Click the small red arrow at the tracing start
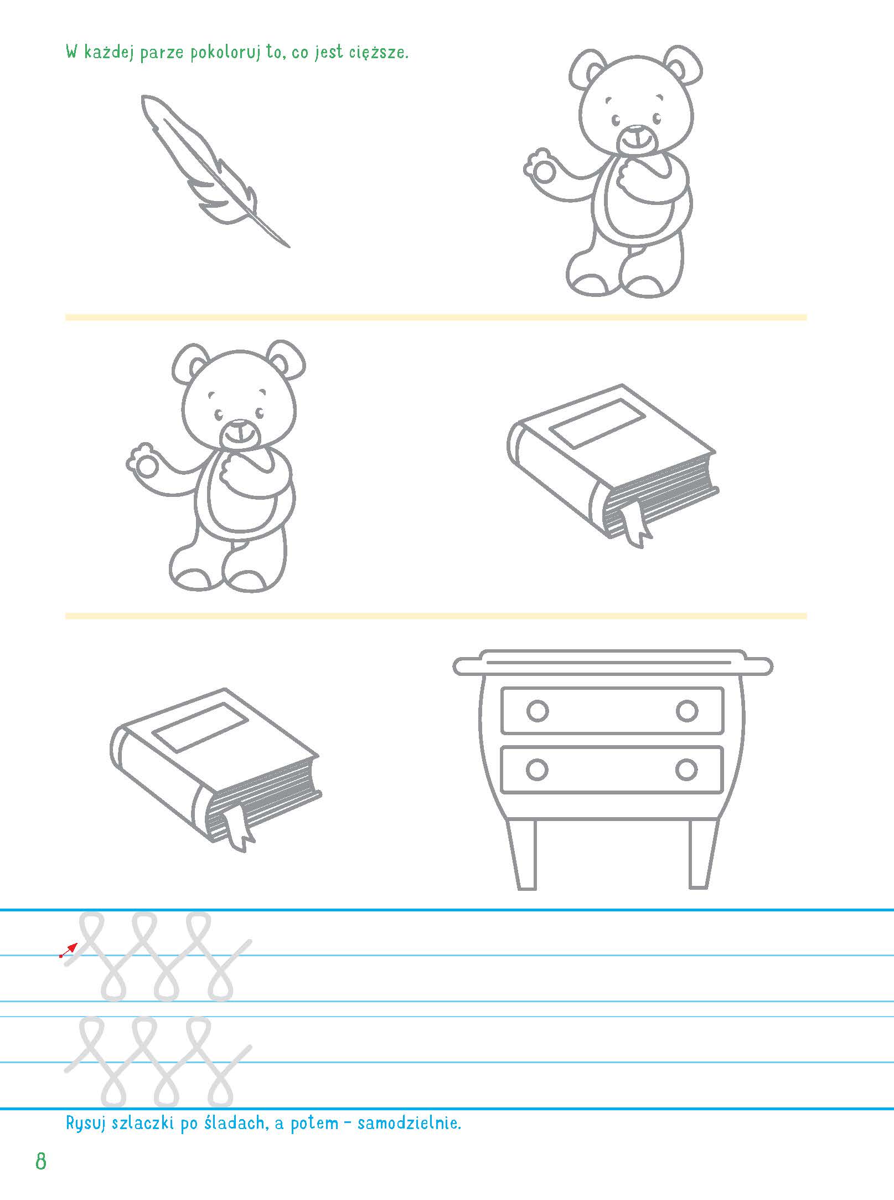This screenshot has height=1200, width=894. click(69, 950)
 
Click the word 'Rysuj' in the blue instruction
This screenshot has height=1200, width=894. click(86, 1124)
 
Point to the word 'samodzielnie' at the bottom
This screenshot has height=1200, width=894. click(408, 1123)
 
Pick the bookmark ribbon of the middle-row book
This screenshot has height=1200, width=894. click(636, 521)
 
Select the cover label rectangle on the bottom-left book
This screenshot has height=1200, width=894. click(200, 727)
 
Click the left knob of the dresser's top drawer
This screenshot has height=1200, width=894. click(538, 711)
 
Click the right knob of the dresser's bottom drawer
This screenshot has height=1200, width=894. click(686, 770)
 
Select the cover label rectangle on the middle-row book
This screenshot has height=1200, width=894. click(598, 423)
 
